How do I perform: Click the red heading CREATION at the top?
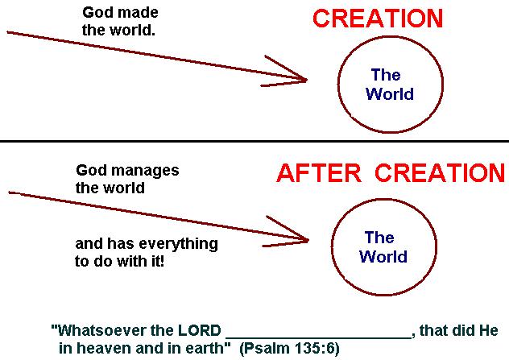point(378,19)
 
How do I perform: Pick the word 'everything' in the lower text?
point(179,242)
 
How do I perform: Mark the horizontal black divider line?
point(254,142)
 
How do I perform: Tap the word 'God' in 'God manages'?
point(91,171)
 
